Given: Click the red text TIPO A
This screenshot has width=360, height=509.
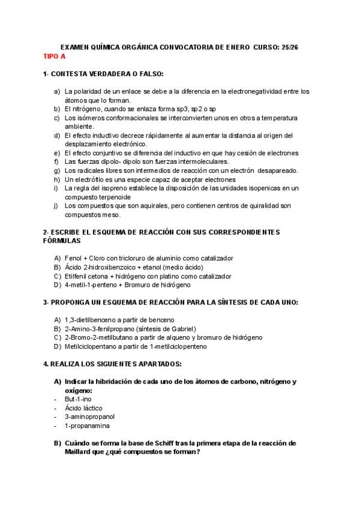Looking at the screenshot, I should [x=55, y=56].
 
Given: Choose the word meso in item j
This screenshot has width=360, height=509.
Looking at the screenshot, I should [x=112, y=214].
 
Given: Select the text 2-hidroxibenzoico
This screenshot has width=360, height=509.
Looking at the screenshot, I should [x=109, y=267].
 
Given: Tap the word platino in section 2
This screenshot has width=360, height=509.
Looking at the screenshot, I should [x=169, y=276].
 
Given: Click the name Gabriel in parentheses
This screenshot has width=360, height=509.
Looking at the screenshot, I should [x=181, y=328].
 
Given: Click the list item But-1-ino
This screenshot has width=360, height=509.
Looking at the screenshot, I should [x=78, y=399].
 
